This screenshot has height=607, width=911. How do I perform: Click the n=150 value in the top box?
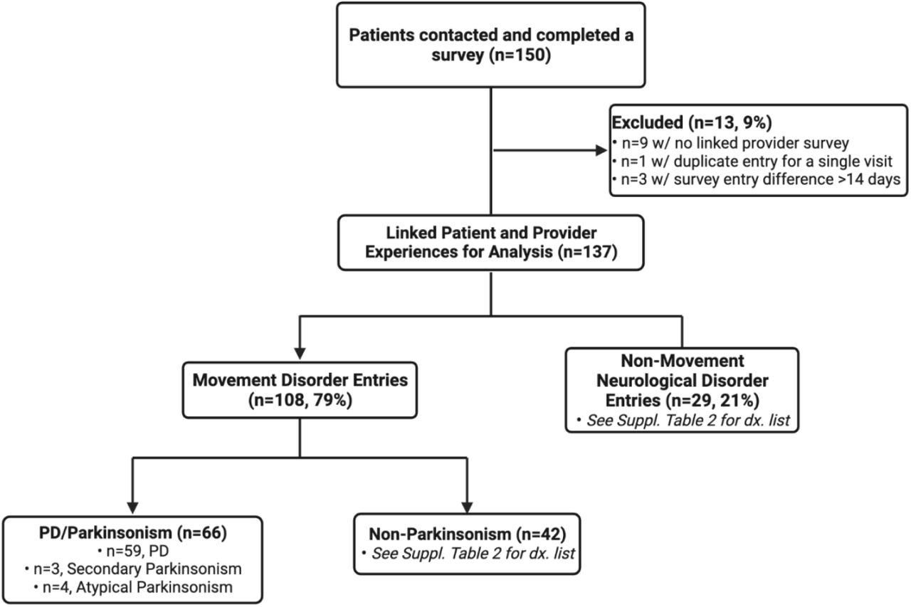tap(520, 55)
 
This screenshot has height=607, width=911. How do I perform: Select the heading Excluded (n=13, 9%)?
tap(692, 122)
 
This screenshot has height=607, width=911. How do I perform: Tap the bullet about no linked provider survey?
tap(731, 143)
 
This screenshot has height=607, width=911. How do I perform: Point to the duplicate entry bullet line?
tap(752, 162)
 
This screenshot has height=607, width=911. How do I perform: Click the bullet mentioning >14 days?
tap(757, 179)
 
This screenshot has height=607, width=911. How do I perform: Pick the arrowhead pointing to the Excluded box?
tap(601, 150)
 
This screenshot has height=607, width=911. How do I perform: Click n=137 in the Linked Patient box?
tap(588, 252)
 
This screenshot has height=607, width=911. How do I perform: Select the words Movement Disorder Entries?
tap(300, 380)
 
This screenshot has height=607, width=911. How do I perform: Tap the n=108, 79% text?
tap(300, 401)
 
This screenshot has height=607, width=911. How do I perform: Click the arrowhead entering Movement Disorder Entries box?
tap(300, 354)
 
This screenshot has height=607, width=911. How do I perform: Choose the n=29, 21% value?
tap(712, 401)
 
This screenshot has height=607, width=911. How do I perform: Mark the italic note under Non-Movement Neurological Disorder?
tap(683, 421)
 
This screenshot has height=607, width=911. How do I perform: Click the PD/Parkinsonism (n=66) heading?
tap(133, 532)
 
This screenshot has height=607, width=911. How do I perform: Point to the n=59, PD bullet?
tap(133, 551)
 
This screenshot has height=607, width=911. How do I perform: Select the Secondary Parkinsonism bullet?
tap(133, 569)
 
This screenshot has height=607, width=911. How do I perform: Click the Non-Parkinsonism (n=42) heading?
tap(468, 534)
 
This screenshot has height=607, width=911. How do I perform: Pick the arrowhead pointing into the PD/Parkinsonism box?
tap(132, 508)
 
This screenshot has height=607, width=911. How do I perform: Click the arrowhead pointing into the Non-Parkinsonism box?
tap(467, 507)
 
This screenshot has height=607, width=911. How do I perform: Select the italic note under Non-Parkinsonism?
tap(468, 554)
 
